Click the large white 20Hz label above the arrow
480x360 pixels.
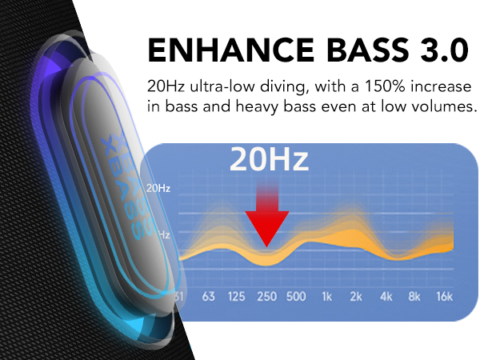pyautogui.click(x=269, y=159)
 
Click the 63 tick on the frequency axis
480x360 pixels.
pyautogui.click(x=209, y=296)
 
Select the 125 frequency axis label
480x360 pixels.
pyautogui.click(x=236, y=296)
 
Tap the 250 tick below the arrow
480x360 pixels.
pyautogui.click(x=266, y=296)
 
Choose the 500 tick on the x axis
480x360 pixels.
pyautogui.click(x=296, y=296)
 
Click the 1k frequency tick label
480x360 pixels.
pyautogui.click(x=327, y=296)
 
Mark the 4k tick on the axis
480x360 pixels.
pyautogui.click(x=386, y=296)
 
